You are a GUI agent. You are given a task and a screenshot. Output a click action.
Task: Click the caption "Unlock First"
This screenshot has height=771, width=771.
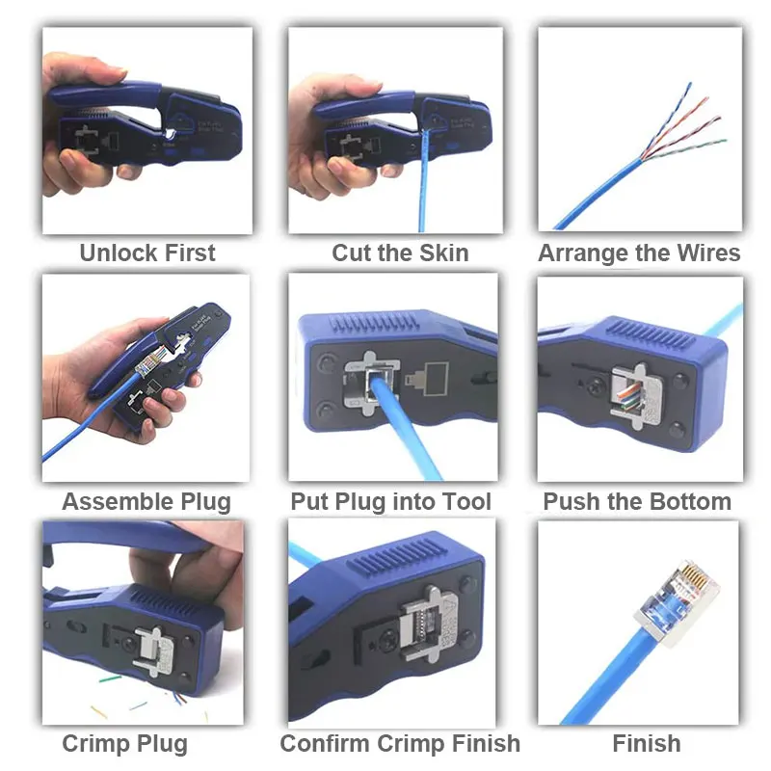[146, 253]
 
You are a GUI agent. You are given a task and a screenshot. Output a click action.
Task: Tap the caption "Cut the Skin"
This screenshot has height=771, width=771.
[400, 253]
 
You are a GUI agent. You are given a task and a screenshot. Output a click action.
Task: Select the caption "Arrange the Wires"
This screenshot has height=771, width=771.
[639, 253]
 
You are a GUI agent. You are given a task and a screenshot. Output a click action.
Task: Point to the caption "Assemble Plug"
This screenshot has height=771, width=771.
[146, 502]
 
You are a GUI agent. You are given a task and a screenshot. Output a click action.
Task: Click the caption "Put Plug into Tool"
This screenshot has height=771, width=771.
[390, 502]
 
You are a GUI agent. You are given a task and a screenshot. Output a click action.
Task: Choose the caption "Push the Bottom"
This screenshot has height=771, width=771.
[637, 502]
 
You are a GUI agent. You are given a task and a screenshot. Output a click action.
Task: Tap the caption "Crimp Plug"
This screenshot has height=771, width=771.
[124, 744]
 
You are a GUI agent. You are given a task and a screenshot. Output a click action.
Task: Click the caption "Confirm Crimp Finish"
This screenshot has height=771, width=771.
[399, 744]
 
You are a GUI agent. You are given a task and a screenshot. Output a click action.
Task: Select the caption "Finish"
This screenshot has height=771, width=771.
[646, 744]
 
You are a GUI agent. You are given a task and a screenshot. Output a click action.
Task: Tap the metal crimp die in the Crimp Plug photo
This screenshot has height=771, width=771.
[154, 648]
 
